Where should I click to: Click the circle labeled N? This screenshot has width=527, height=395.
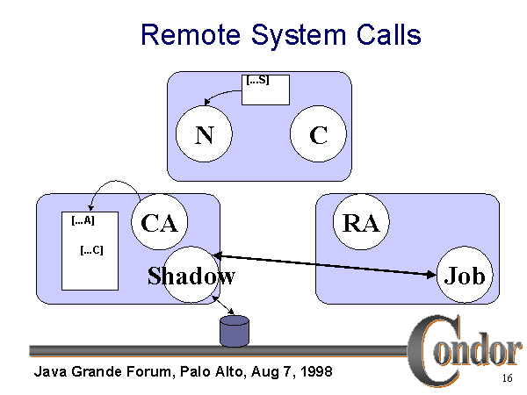(204, 135)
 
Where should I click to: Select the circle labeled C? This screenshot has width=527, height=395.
(318, 135)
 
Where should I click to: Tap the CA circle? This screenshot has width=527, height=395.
(159, 223)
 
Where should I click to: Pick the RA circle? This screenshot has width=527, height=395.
(361, 223)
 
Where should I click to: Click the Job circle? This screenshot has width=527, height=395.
(465, 276)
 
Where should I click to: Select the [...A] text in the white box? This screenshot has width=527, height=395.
(83, 221)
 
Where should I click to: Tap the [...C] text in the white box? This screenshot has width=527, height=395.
(91, 249)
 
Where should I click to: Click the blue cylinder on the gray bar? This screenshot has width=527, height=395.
(234, 332)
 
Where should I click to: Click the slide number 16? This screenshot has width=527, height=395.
(507, 378)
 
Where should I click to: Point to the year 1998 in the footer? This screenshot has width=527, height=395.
(314, 371)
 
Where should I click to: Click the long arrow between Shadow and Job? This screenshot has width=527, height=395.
(325, 265)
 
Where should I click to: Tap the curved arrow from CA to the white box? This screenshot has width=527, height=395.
(114, 185)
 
